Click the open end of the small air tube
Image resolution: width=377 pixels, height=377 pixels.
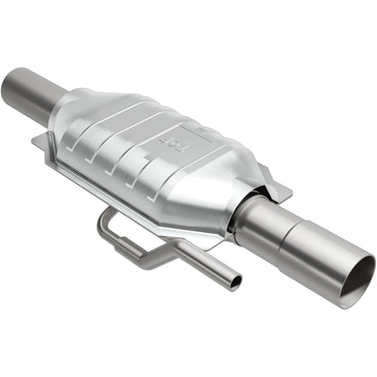[235, 283]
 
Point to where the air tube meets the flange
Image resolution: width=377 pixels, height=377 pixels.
[112, 210]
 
